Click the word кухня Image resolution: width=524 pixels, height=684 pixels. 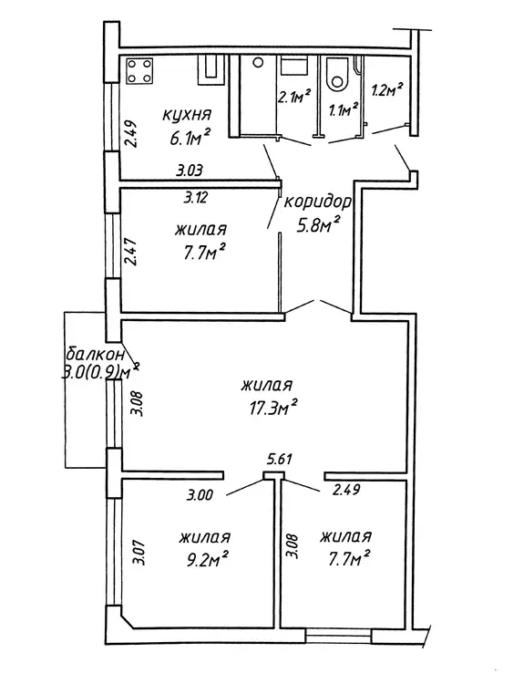(x=187, y=116)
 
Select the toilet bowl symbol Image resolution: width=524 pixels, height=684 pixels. (x=338, y=73)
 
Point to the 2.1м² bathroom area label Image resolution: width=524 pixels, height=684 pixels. (x=294, y=96)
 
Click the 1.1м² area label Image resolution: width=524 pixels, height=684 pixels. (x=344, y=110)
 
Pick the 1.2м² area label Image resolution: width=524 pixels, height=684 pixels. (x=386, y=90)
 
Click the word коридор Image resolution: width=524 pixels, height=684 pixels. (x=317, y=202)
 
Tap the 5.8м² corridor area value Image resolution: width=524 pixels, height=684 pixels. (x=318, y=225)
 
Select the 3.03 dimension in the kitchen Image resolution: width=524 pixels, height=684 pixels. (x=190, y=171)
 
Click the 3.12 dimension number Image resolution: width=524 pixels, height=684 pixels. (x=195, y=199)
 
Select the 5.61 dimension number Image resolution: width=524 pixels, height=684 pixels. (x=279, y=459)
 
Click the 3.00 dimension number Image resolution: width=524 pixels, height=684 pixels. (x=200, y=495)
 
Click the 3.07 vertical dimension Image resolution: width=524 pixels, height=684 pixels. (x=140, y=554)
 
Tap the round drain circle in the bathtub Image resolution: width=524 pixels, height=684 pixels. (x=258, y=63)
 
